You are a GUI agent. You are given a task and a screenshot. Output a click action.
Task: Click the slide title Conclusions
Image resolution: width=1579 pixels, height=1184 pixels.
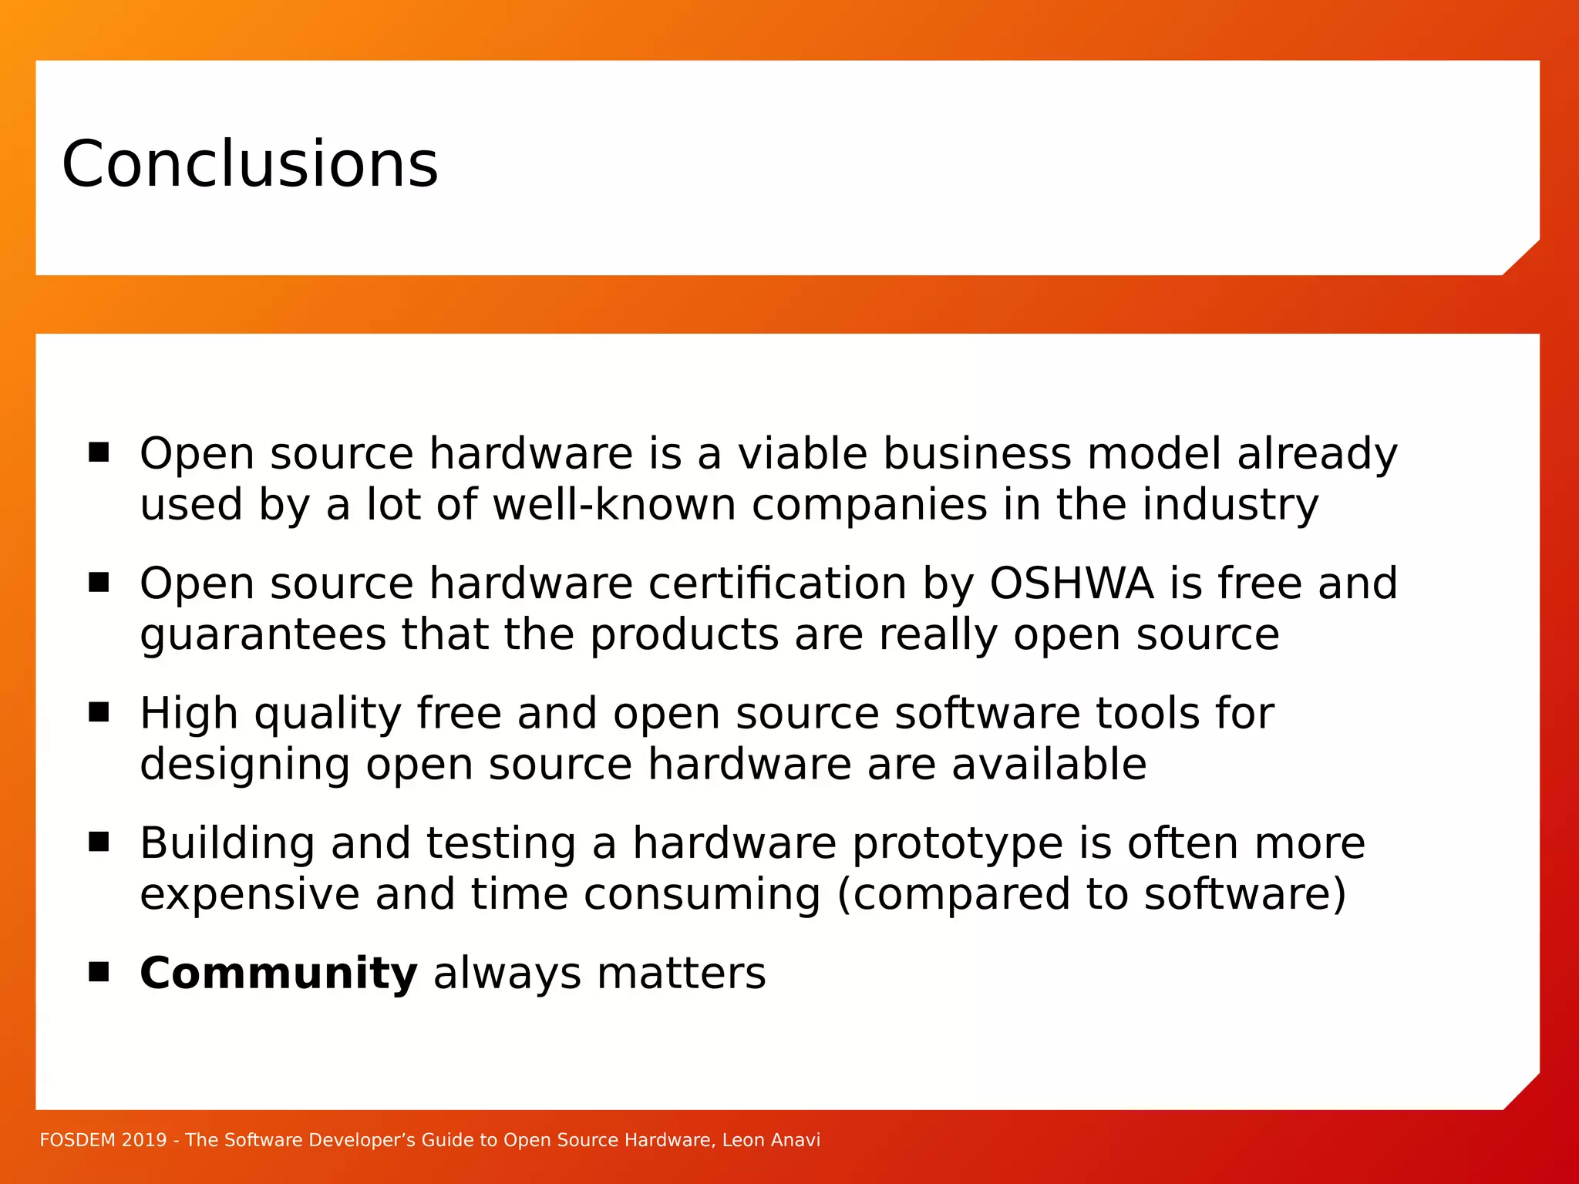(249, 163)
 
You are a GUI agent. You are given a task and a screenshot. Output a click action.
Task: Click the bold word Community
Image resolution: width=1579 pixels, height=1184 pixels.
(278, 973)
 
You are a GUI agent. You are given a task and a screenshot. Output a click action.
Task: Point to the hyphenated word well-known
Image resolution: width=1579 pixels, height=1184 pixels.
(614, 505)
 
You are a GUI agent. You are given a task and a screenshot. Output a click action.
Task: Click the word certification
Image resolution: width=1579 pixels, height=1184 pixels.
(777, 583)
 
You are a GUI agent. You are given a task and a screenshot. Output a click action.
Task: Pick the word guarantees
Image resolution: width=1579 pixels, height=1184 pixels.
(262, 635)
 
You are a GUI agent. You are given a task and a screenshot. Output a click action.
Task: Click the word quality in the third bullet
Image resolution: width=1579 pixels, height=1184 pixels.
(328, 714)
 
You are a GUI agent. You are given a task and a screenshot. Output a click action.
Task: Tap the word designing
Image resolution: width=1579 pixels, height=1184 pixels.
(244, 765)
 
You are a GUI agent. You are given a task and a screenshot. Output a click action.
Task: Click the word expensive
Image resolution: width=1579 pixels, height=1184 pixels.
(250, 894)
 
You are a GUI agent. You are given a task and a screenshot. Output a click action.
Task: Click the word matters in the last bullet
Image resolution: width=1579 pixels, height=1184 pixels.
(681, 973)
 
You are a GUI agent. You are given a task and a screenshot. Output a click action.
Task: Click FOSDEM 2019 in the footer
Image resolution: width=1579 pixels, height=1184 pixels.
(103, 1140)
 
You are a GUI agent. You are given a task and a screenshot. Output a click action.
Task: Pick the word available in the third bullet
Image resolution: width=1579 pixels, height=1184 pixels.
(1049, 765)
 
